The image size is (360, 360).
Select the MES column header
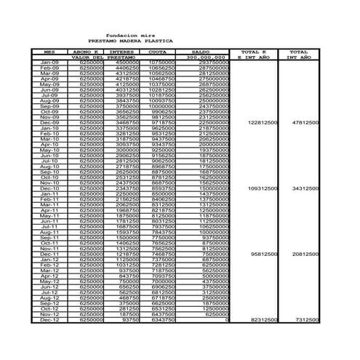click(x=48, y=52)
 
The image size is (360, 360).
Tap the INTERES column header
click(x=121, y=52)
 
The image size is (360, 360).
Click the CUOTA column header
click(x=156, y=52)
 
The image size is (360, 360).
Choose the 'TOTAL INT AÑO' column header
click(x=299, y=55)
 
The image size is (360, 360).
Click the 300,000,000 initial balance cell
click(x=207, y=57)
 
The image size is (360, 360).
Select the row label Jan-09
click(x=49, y=63)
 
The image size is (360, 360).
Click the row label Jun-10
click(x=49, y=156)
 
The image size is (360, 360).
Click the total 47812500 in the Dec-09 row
click(x=304, y=123)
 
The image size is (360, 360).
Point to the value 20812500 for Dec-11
click(x=304, y=254)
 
